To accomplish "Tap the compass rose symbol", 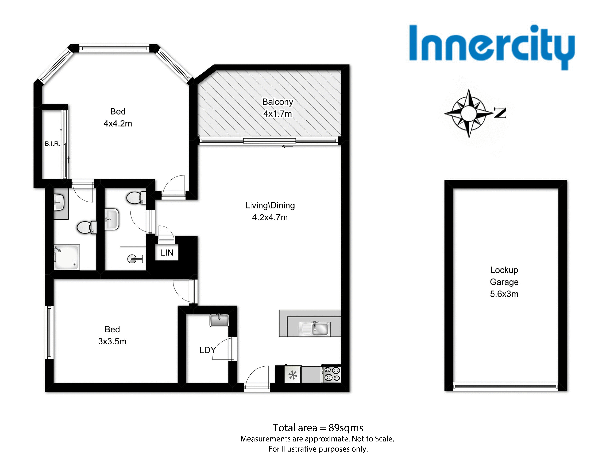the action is coord(469,113).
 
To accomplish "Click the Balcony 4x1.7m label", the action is coord(277,108).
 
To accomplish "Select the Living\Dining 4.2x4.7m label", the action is coord(270,211).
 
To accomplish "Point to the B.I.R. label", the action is coord(52,144).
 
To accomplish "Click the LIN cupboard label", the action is coord(167,253).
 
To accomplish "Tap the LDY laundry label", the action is coord(207,350).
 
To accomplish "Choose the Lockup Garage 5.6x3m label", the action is coord(504,282).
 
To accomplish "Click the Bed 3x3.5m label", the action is coord(112,335).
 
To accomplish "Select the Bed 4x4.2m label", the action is coord(118,117).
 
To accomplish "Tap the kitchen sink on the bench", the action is coord(315,329).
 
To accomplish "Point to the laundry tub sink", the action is coord(219,320).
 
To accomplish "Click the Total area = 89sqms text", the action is coord(318,428).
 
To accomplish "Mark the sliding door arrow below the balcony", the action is coord(287,146).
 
